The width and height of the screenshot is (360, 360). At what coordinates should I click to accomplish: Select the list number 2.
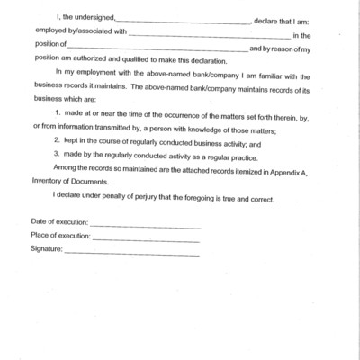coord(57,142)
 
